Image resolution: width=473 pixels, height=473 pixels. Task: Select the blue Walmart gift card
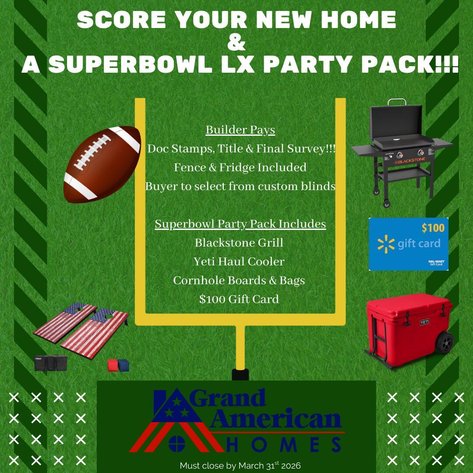click(408, 244)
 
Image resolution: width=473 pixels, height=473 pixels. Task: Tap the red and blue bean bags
click(119, 365)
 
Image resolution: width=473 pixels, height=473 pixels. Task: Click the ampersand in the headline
click(237, 43)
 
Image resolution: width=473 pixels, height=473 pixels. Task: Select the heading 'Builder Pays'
click(240, 130)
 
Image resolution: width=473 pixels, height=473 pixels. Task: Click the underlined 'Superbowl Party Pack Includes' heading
click(240, 224)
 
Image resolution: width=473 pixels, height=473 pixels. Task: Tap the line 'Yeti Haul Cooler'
click(239, 261)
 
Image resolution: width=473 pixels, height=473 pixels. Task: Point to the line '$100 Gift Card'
click(239, 299)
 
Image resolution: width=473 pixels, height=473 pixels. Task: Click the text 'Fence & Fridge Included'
click(240, 167)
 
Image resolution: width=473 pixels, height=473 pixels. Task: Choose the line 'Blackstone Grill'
click(239, 243)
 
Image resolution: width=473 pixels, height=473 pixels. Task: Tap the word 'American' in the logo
click(276, 420)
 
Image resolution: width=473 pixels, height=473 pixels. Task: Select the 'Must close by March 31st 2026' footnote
click(240, 465)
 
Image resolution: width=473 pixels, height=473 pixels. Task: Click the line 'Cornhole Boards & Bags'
click(239, 280)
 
